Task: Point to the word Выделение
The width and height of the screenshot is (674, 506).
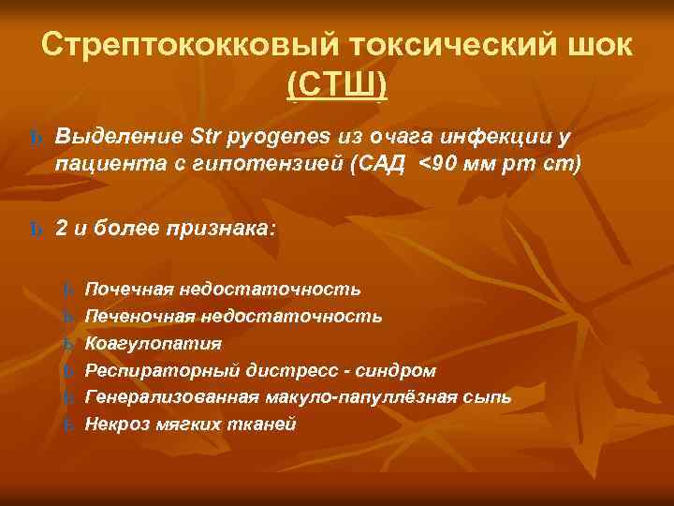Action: coord(119,138)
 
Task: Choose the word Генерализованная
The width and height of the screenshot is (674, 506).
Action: coord(163,397)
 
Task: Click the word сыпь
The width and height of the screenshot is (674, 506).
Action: coord(488,397)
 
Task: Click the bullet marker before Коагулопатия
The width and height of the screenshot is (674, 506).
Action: coord(66,344)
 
